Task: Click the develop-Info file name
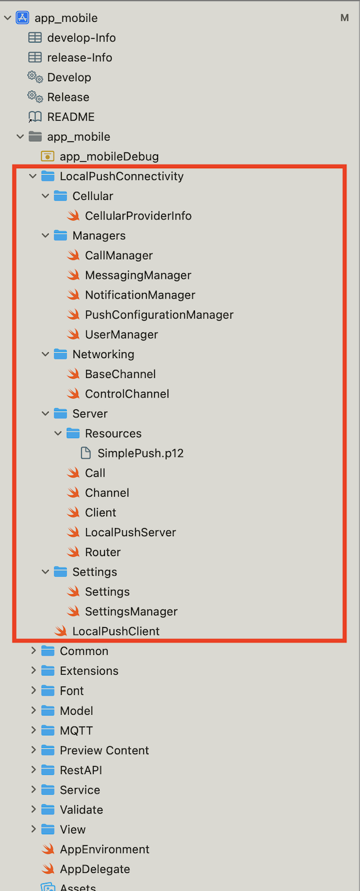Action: [81, 37]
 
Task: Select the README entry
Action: [71, 117]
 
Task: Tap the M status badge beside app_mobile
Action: [344, 18]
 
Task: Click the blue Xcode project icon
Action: [22, 18]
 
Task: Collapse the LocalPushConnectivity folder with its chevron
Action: [33, 176]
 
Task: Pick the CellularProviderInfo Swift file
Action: [138, 216]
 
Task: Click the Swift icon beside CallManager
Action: [73, 256]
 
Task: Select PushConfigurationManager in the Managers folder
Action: [159, 315]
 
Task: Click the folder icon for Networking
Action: [61, 354]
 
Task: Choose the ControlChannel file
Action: [127, 394]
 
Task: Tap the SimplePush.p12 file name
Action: [141, 453]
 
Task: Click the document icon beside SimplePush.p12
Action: [86, 453]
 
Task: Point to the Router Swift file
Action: [102, 552]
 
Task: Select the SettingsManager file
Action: [131, 611]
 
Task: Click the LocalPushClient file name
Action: [116, 631]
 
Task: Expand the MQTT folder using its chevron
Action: [33, 730]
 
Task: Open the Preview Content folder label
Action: [104, 750]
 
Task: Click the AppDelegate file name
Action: [94, 869]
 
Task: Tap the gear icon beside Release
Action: [35, 97]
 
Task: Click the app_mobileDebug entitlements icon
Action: [47, 156]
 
